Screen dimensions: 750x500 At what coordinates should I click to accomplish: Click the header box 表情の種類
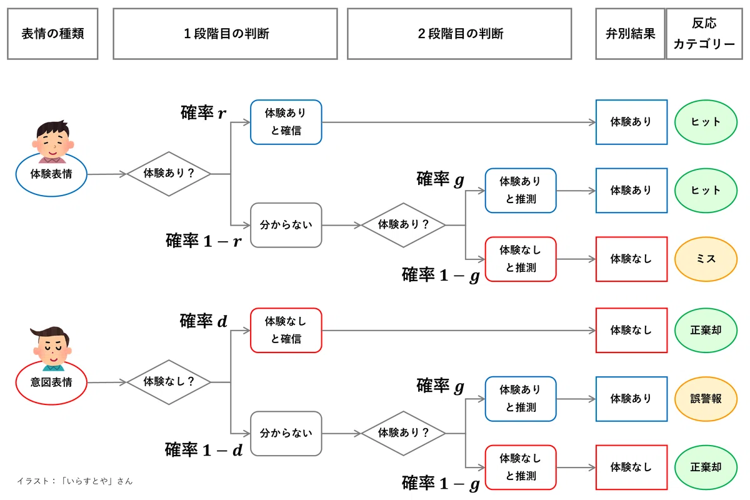[52, 34]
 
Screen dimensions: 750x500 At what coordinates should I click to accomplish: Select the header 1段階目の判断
[225, 34]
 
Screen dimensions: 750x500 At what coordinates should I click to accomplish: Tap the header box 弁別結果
[630, 34]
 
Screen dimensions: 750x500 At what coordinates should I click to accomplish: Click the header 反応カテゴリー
[704, 34]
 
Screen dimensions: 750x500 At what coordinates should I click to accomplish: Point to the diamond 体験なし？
[169, 382]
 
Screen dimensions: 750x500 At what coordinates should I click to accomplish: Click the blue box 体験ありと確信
[286, 122]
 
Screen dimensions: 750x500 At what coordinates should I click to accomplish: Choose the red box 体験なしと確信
[286, 330]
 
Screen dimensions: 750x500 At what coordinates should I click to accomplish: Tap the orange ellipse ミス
[706, 259]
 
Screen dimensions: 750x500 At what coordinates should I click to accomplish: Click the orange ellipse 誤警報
[706, 399]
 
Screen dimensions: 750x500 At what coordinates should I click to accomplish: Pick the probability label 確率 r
[203, 112]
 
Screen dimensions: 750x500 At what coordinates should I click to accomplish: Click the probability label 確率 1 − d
[204, 450]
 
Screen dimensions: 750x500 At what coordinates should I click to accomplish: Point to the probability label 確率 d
[203, 321]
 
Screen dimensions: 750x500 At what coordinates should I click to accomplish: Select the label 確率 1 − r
[204, 241]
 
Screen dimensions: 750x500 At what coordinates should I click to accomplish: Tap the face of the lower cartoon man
[52, 350]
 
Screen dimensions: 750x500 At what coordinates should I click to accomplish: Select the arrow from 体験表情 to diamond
[107, 174]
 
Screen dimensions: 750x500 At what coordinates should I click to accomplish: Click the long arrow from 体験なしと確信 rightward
[459, 331]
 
